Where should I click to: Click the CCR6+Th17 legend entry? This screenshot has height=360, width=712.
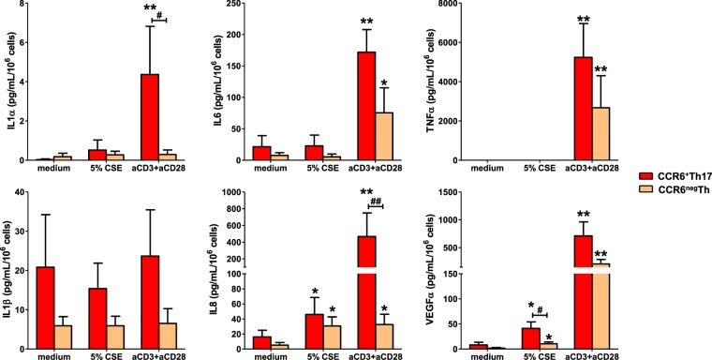(x=667, y=175)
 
